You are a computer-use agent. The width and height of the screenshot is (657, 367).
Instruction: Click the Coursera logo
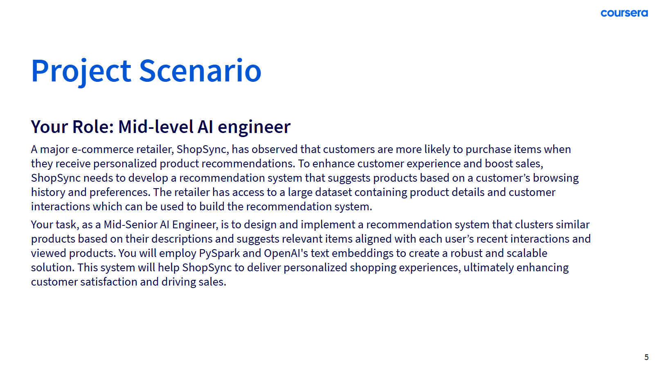tap(624, 13)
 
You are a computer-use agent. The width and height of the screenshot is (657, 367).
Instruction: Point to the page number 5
tap(646, 357)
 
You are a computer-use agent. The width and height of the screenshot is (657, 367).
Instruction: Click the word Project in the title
tap(81, 71)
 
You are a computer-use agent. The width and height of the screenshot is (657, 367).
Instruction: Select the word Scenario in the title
tap(200, 71)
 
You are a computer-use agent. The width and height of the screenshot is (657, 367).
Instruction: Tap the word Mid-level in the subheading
tap(155, 127)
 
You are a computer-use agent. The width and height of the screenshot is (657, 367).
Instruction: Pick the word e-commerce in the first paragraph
tap(103, 150)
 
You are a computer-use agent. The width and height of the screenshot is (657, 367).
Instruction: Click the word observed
tap(274, 150)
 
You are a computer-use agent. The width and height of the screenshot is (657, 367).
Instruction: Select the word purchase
tap(488, 150)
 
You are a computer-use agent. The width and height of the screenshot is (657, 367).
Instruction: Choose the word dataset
tap(333, 192)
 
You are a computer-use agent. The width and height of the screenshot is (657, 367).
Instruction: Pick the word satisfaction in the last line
tap(109, 282)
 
